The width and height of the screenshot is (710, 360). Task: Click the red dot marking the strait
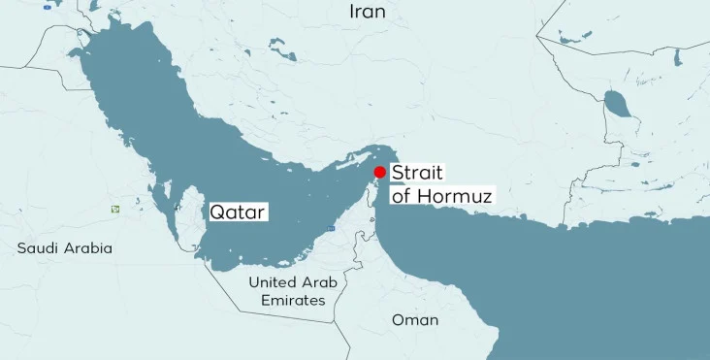coord(379,171)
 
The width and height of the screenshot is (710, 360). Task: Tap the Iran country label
coord(367,12)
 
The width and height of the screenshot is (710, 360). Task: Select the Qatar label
coord(238,211)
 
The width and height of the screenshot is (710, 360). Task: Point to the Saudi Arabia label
coord(65,248)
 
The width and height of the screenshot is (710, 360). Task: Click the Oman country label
coord(415,319)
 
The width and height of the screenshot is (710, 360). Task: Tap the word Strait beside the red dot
coord(417,173)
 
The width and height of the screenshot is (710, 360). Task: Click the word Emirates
coord(293,301)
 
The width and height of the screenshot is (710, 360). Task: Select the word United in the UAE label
coord(273,282)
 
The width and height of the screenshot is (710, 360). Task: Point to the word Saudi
coord(38,248)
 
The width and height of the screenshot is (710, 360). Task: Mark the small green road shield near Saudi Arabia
coord(115,209)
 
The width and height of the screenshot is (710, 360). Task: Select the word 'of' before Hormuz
coord(402,195)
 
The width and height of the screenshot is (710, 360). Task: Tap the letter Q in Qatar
coord(217,211)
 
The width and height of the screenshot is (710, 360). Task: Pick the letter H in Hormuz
coord(428,195)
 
